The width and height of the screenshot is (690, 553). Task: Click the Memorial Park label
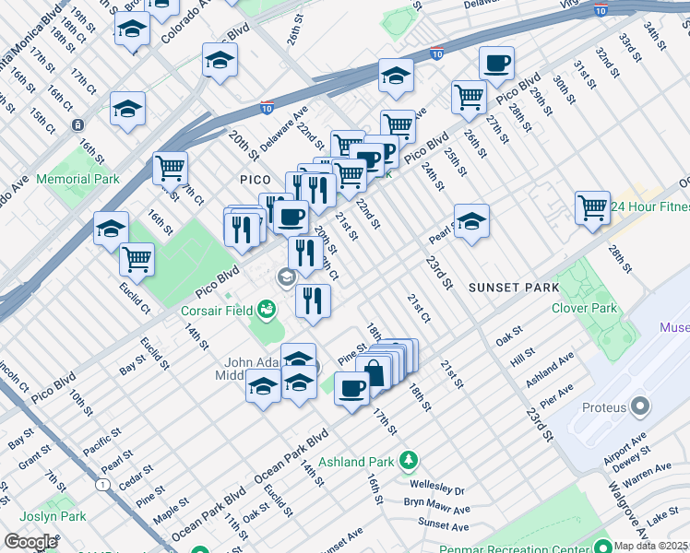point(78,179)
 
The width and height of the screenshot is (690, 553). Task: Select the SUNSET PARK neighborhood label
point(514,288)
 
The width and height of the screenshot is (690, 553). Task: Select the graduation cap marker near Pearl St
point(470,220)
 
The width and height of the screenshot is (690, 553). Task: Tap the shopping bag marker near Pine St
point(374,371)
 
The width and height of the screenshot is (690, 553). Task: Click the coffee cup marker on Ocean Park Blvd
point(351,388)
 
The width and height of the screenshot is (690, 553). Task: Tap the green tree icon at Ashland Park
point(408,459)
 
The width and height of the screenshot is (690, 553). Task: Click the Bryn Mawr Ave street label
point(436,508)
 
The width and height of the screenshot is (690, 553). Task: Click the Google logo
point(31,541)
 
